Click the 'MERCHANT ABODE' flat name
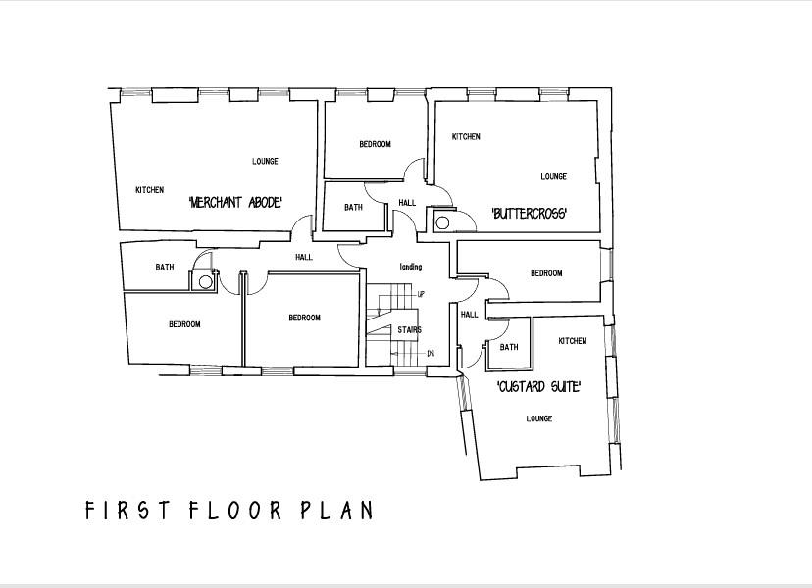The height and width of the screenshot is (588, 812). point(235,202)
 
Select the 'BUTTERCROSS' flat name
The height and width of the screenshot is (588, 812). point(530,214)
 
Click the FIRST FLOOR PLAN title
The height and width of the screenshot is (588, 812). point(228,511)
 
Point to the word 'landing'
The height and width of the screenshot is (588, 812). point(410,267)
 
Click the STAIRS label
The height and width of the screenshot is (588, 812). point(409,330)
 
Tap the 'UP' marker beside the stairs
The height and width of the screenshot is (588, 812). point(421,294)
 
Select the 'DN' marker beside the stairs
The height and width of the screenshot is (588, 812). point(430,353)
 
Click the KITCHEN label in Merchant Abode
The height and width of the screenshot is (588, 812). point(149,190)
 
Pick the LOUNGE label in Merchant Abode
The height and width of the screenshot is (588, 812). point(265,162)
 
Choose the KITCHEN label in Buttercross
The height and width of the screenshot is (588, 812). point(466,137)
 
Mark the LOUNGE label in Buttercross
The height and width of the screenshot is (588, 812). point(553,177)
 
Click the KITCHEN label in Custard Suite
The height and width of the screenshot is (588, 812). point(573,341)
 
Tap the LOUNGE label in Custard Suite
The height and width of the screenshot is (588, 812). point(538,418)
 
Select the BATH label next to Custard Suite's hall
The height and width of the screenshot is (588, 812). point(509,347)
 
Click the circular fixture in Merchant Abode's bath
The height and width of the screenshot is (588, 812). point(205,281)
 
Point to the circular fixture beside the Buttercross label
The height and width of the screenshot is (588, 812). point(442,222)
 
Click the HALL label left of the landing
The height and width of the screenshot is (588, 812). point(304,257)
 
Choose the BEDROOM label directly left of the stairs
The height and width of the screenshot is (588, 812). point(304,318)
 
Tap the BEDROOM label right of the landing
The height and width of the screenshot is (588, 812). point(546,273)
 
